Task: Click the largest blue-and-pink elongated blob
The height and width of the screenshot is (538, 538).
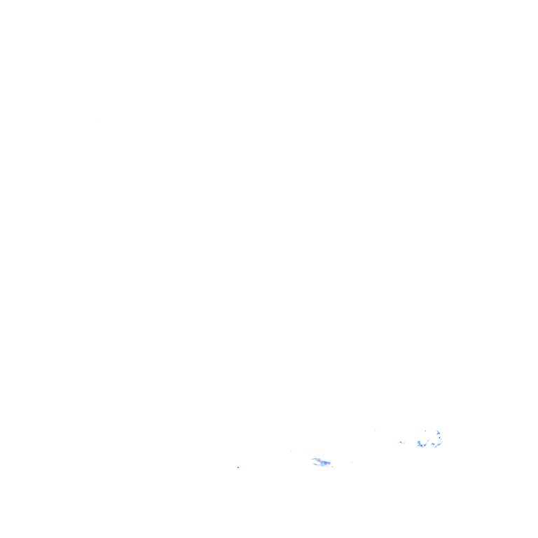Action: pos(322,462)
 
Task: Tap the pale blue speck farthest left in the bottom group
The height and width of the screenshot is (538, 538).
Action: pos(239,467)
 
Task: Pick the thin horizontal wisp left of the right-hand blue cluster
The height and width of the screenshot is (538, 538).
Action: pos(402,442)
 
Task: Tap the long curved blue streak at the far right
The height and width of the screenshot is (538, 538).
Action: pos(439,441)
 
